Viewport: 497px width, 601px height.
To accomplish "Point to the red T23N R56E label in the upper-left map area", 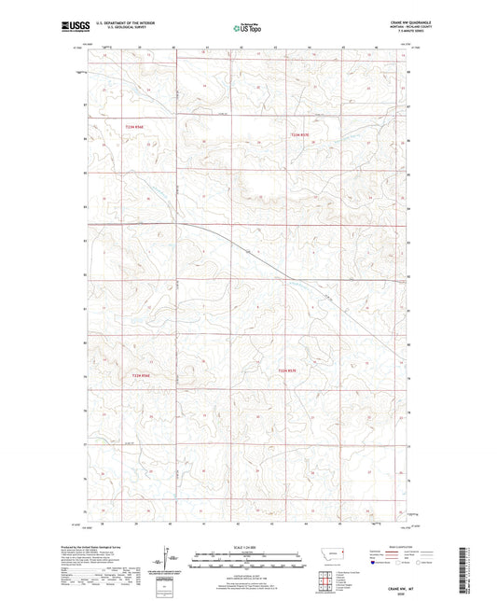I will [x=137, y=124].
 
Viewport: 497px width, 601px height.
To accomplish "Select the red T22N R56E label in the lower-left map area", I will [x=140, y=374].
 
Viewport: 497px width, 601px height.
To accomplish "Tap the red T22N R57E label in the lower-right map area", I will [x=290, y=371].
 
